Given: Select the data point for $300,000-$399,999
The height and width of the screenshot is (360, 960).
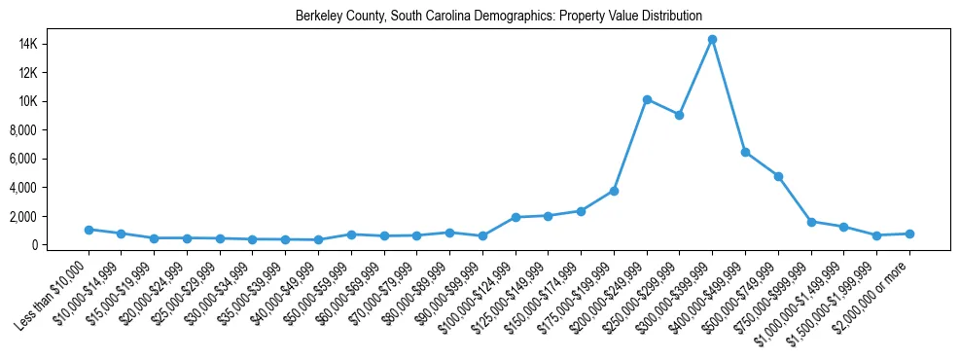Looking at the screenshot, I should [x=713, y=40].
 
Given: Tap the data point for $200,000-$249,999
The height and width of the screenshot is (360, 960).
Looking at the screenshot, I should [x=647, y=99].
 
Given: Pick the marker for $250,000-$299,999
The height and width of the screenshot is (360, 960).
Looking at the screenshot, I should [x=680, y=115].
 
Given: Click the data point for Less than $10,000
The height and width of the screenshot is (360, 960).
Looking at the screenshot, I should [x=89, y=230].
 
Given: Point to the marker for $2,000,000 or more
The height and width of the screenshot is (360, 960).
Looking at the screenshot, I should [x=909, y=234].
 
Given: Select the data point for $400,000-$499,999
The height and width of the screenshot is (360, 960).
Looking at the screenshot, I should [x=745, y=153].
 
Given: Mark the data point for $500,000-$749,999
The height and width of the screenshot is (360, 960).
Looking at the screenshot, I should [x=778, y=176].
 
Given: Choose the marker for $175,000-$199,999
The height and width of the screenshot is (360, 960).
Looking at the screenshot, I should [x=614, y=191].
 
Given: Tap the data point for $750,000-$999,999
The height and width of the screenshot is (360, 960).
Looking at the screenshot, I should [x=811, y=222].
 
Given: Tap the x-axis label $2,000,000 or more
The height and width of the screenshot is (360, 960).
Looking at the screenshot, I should [x=875, y=291].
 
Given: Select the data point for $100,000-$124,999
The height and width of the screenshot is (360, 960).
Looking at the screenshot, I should [x=516, y=217].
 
